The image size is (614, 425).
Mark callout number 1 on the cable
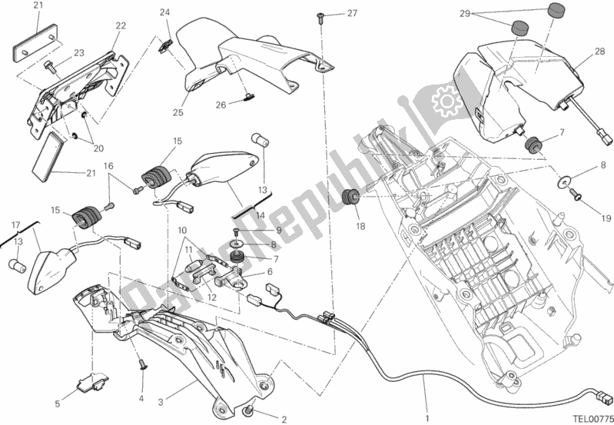tap(428, 377)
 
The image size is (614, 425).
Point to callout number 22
tap(121, 26)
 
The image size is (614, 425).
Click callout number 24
tap(164, 12)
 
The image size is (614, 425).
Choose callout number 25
tap(178, 113)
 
